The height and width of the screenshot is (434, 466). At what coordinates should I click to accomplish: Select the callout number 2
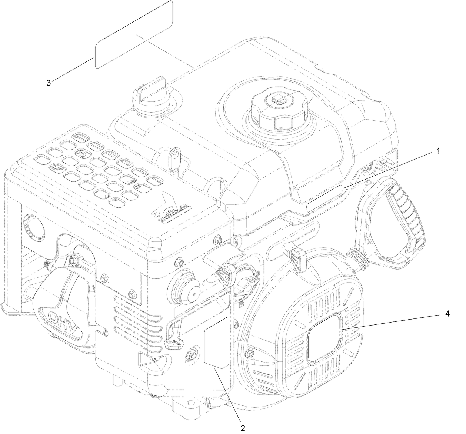click(243, 428)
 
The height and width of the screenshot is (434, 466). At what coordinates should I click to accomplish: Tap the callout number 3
click(49, 83)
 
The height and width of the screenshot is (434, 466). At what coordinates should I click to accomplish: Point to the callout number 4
click(447, 314)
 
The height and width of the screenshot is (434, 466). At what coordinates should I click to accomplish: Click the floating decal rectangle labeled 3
click(134, 34)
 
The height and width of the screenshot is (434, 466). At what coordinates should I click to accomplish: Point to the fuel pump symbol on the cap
click(280, 99)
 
